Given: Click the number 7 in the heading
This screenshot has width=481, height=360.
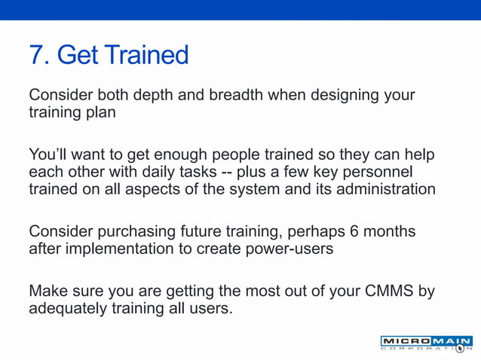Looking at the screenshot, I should [37, 55].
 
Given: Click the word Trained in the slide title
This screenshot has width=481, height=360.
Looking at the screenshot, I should [147, 55].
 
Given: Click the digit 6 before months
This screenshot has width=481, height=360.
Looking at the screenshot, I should [350, 230].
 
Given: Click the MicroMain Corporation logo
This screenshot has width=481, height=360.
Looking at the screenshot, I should [425, 343].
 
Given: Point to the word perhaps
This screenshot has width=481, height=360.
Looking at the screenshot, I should [305, 230].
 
